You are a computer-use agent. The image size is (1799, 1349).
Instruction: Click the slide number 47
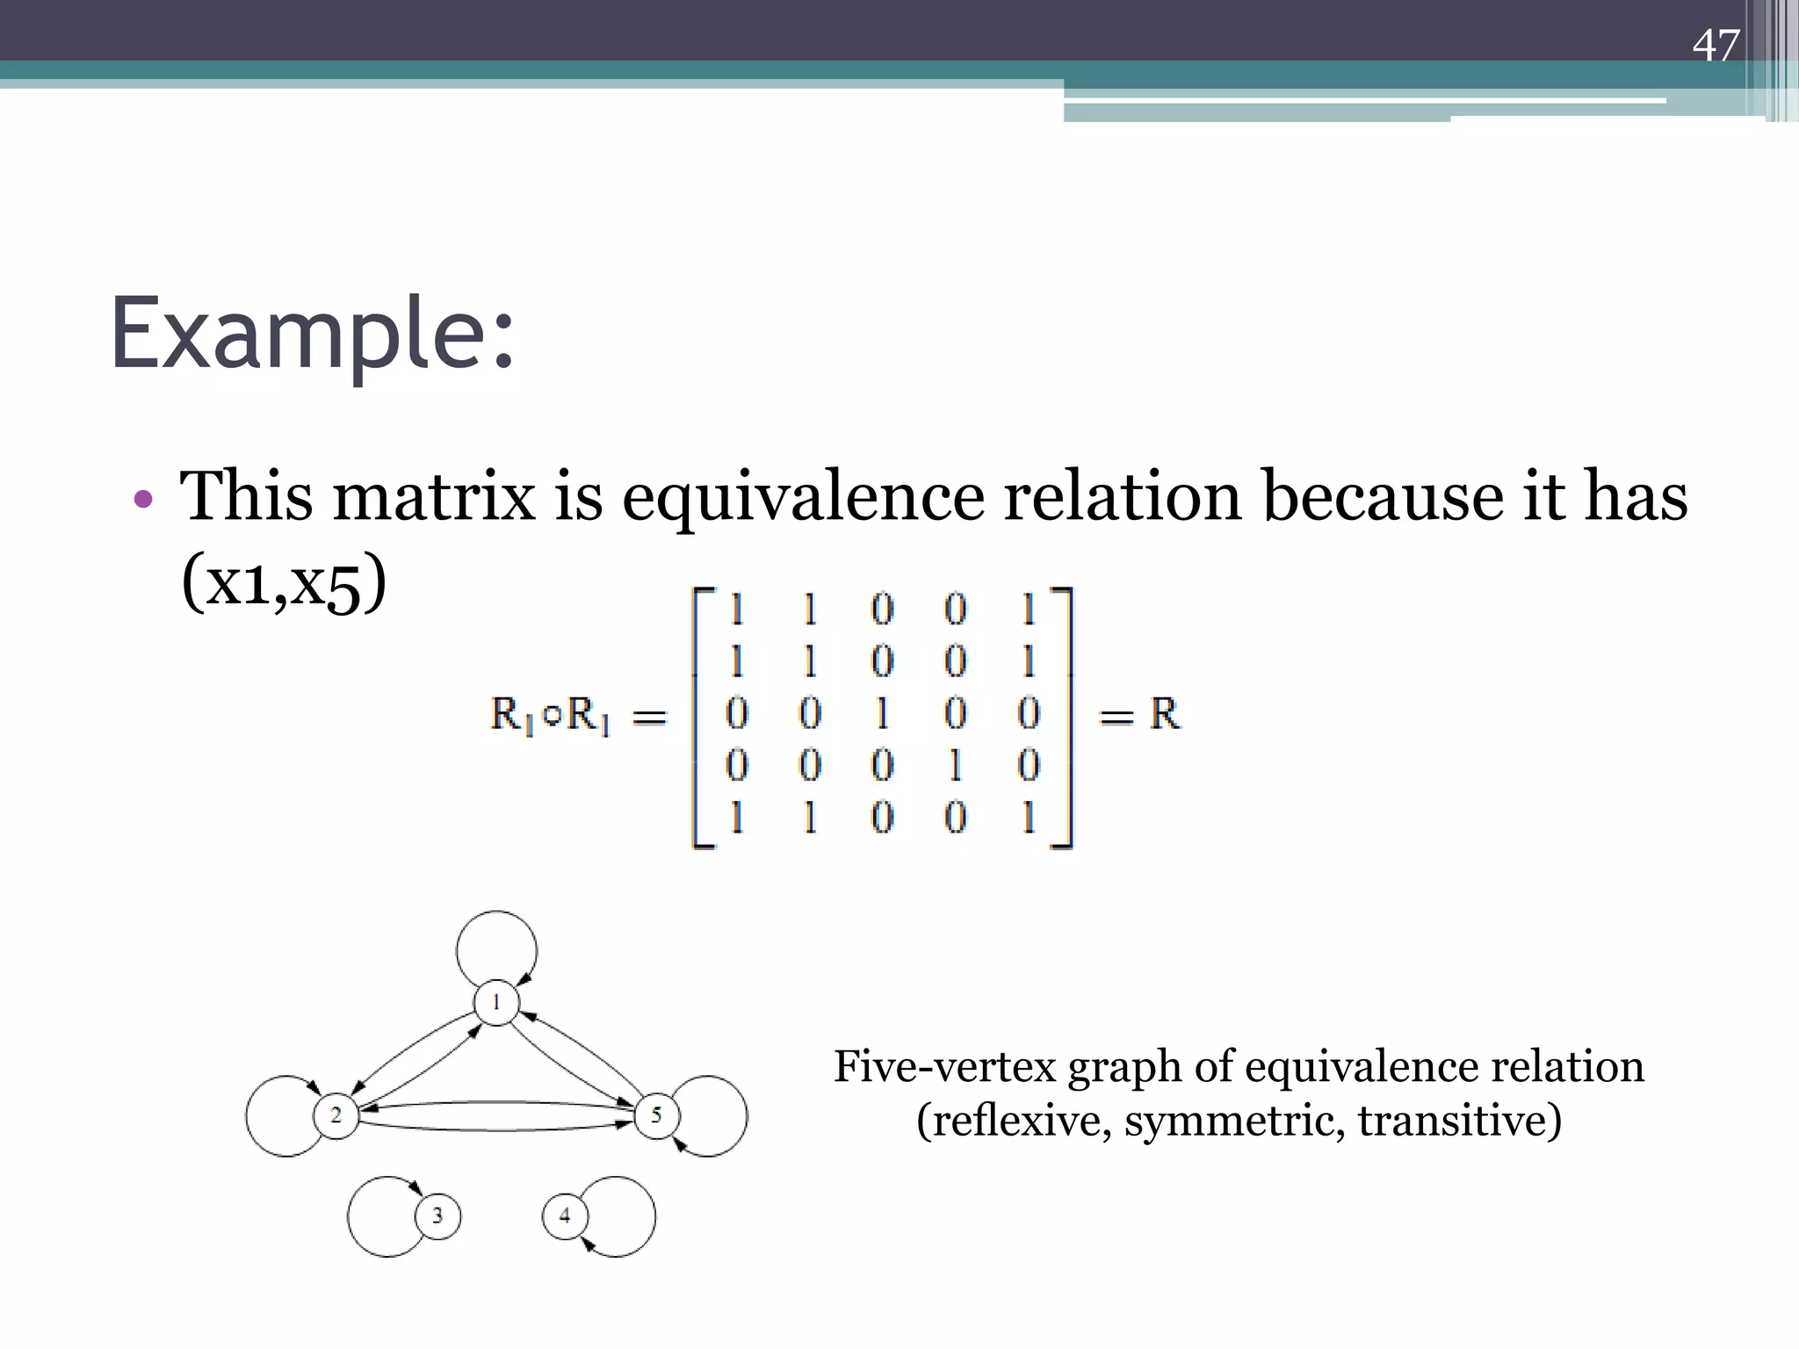pyautogui.click(x=1715, y=46)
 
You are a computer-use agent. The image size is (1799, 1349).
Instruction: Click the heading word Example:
pyautogui.click(x=312, y=335)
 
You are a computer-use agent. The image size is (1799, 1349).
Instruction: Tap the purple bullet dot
pyautogui.click(x=143, y=500)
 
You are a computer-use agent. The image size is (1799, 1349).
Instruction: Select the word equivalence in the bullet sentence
pyautogui.click(x=803, y=496)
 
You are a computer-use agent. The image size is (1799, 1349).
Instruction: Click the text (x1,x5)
pyautogui.click(x=283, y=582)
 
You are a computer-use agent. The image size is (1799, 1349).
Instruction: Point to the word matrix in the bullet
pyautogui.click(x=434, y=496)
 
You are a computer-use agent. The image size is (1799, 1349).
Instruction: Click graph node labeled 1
pyautogui.click(x=496, y=1002)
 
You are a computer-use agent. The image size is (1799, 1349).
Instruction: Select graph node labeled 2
pyautogui.click(x=336, y=1115)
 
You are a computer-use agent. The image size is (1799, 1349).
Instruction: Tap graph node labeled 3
pyautogui.click(x=437, y=1216)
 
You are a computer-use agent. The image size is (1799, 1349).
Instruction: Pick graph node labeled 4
pyautogui.click(x=565, y=1216)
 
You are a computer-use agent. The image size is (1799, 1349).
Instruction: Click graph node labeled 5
pyautogui.click(x=656, y=1115)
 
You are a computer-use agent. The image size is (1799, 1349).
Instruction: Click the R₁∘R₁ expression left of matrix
pyautogui.click(x=550, y=715)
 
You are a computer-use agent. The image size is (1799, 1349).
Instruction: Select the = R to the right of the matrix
pyautogui.click(x=1139, y=715)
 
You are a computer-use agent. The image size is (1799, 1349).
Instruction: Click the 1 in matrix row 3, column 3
pyautogui.click(x=882, y=713)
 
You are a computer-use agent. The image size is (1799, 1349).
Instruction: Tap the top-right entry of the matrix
pyautogui.click(x=1029, y=610)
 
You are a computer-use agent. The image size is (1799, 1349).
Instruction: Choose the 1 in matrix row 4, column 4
pyautogui.click(x=955, y=766)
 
